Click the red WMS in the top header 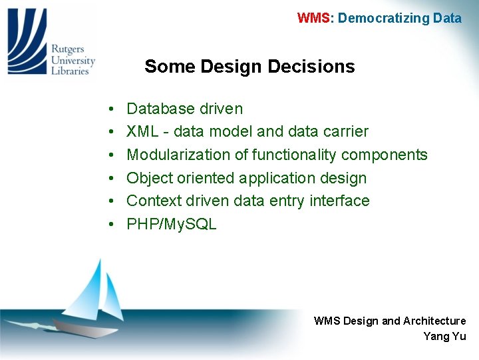tap(313, 18)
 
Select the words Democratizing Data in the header tap(399, 18)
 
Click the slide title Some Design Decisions tap(249, 67)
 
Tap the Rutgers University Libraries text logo tap(73, 59)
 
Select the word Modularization tap(178, 155)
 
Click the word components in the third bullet tap(384, 155)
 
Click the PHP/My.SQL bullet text tap(171, 224)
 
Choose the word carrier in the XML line tap(345, 131)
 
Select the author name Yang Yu tap(444, 337)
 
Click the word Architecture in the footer tap(434, 321)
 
